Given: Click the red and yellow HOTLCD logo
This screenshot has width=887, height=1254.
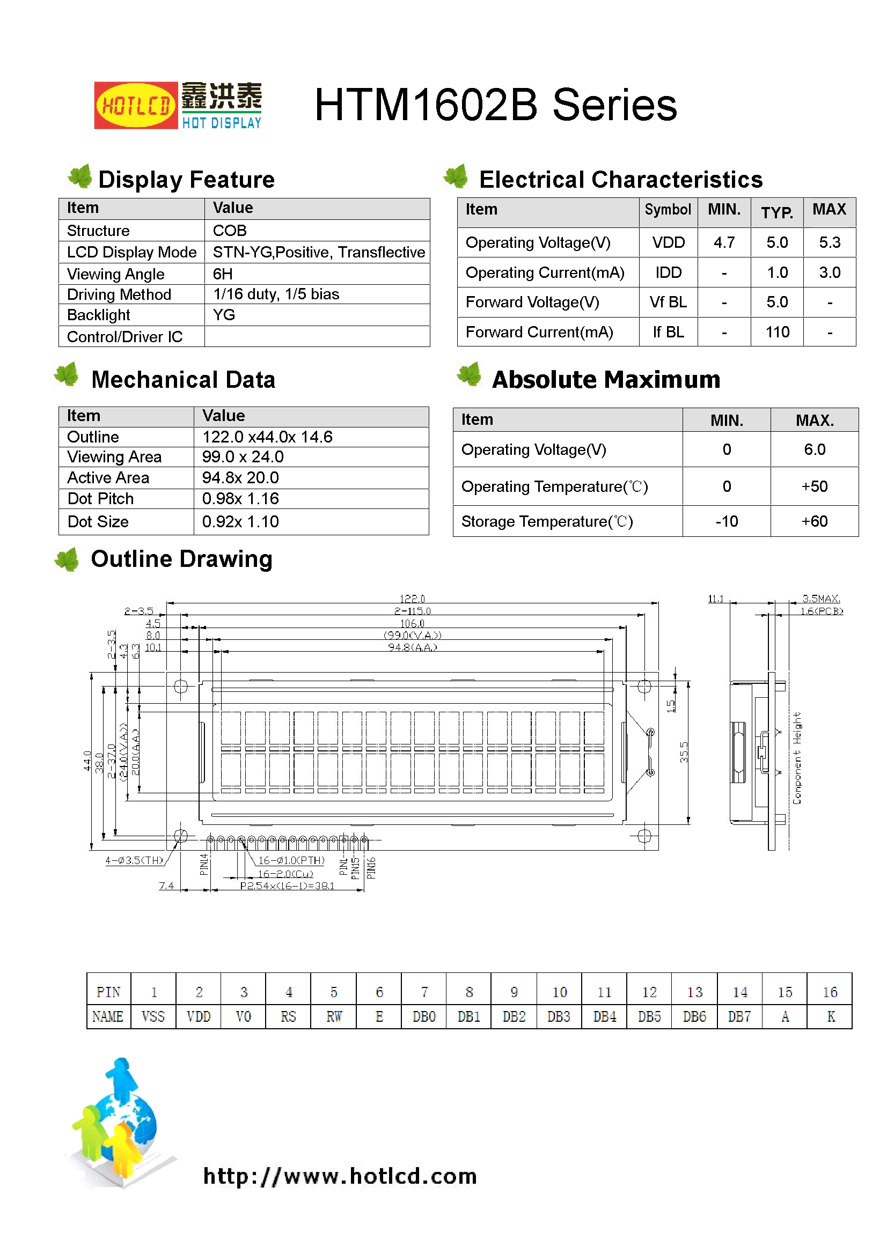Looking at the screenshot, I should click(x=136, y=106).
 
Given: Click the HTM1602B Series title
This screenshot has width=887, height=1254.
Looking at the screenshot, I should click(x=495, y=105).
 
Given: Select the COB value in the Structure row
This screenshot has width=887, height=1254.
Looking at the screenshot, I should click(x=230, y=231).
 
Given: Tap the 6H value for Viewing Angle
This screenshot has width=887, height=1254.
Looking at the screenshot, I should click(x=223, y=274).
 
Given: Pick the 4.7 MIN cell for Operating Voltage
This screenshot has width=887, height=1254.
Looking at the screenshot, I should click(x=723, y=242).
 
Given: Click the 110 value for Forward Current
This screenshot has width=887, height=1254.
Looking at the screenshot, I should click(x=776, y=332).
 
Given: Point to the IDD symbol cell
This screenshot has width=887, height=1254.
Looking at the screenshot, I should click(x=668, y=272).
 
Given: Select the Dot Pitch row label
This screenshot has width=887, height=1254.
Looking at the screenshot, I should click(x=100, y=499).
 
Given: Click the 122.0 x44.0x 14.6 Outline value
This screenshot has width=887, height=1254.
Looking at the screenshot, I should click(x=267, y=437).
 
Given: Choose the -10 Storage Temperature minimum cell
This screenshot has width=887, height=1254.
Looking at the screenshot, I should click(x=727, y=521).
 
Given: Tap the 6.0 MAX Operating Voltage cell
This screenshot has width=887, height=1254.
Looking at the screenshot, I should click(x=814, y=449).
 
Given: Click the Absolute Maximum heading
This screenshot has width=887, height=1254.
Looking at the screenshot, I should click(x=605, y=380).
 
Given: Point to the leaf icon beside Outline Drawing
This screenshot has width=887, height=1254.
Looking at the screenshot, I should click(x=68, y=560).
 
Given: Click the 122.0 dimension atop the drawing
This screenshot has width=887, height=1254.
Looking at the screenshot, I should click(x=412, y=599).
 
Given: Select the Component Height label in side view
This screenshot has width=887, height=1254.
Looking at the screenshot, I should click(x=797, y=758).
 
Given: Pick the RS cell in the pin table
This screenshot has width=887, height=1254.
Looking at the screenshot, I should click(x=288, y=1016).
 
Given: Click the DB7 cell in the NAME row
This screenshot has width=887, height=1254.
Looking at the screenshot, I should click(x=739, y=1016).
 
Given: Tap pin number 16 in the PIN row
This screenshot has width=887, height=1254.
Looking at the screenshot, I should click(x=829, y=992).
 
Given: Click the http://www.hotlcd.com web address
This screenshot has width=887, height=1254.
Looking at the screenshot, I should click(x=340, y=1176).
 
